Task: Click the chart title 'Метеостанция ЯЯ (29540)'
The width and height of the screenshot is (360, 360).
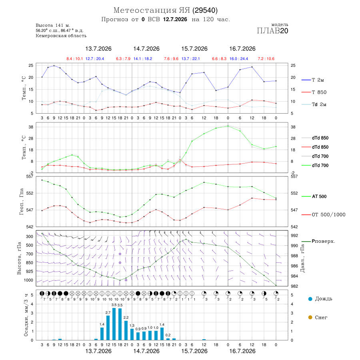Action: click(166, 10)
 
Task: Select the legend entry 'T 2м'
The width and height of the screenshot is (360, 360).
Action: click(313, 80)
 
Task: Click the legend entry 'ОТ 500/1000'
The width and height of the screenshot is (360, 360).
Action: click(324, 215)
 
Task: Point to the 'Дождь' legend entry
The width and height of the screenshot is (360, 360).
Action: click(320, 299)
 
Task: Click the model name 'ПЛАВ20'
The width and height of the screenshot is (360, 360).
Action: click(272, 31)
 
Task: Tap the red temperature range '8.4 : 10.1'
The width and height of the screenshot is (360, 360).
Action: click(75, 59)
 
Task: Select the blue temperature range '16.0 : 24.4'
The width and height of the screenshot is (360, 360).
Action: click(239, 59)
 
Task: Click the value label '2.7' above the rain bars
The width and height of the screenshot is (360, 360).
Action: click(108, 313)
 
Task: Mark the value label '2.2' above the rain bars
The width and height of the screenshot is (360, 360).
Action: click(126, 318)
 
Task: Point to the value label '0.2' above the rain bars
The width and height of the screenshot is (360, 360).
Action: click(168, 335)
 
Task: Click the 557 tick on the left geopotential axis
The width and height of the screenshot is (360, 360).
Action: click(30, 176)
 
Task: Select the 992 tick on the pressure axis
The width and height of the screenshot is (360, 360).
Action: click(295, 236)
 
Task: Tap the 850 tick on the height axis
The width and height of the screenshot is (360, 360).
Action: click(29, 263)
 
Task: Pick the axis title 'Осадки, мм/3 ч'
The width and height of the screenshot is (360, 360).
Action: click(26, 316)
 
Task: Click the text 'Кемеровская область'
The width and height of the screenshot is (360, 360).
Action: click(61, 36)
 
